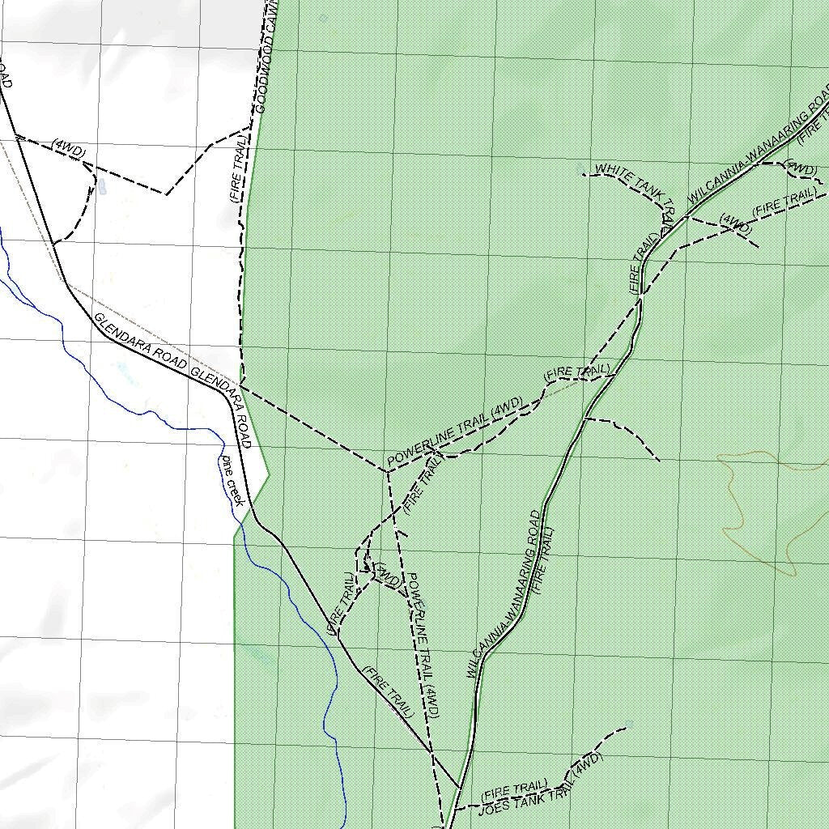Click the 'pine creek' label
coord(232,479)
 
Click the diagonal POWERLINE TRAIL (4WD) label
coord(455,433)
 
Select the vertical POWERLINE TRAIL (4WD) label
coord(423,644)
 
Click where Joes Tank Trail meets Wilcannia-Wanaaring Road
coord(457,807)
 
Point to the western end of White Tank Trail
coord(583,174)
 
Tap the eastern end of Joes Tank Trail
coord(627,728)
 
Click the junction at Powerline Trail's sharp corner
coord(386,471)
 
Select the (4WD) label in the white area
coord(68,149)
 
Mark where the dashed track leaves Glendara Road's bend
coord(240,387)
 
